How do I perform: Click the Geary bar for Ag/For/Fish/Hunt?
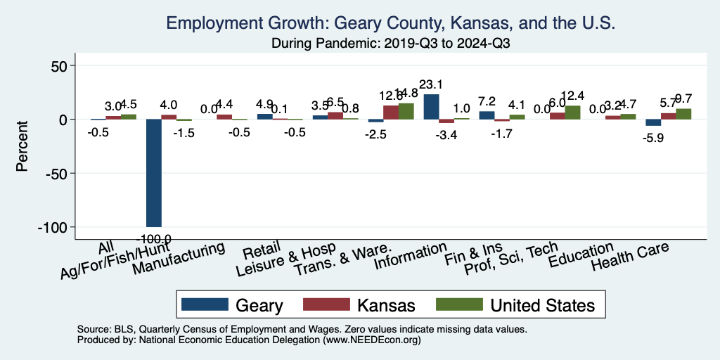click(x=153, y=173)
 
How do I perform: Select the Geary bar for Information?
click(x=431, y=107)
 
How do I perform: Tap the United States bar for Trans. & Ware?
click(x=406, y=111)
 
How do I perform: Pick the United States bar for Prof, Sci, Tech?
click(x=572, y=112)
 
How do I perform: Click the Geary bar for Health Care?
click(x=652, y=123)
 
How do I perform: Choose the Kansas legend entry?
click(x=359, y=305)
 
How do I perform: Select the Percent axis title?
click(x=22, y=147)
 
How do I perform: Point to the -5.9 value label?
click(x=652, y=138)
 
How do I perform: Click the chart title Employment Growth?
click(x=391, y=23)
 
